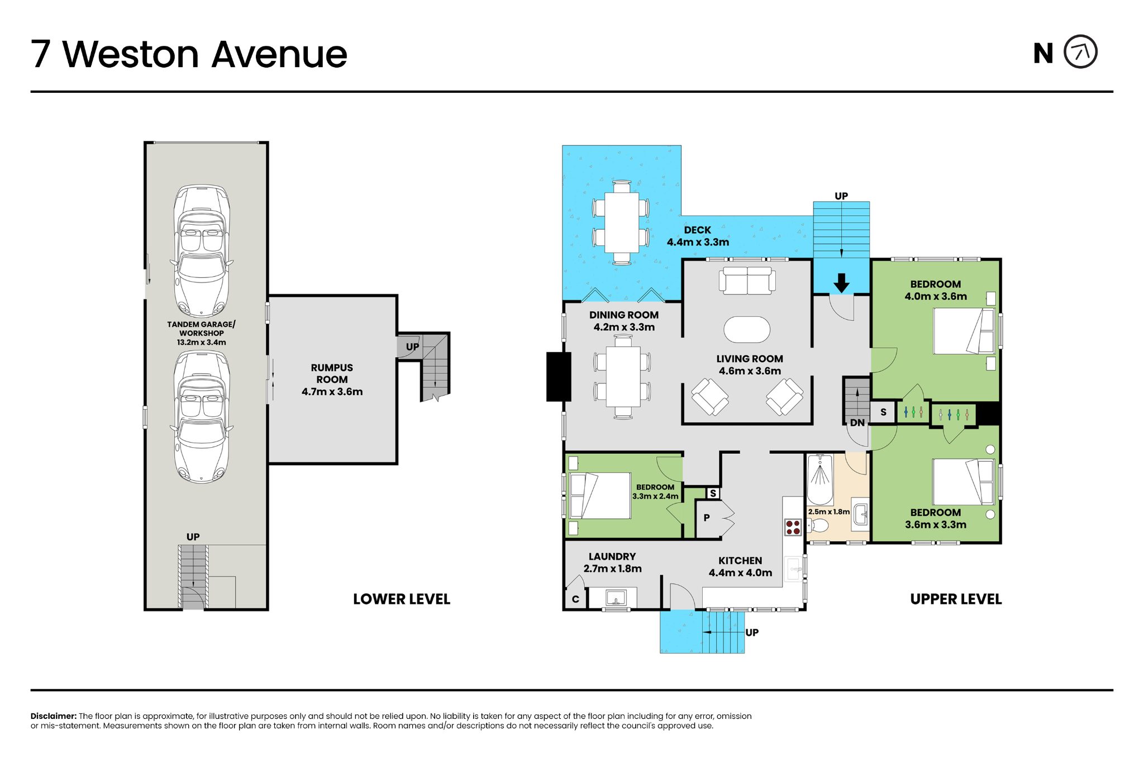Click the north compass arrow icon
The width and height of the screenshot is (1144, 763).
1080,52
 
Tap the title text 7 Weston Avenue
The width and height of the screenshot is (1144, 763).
189,54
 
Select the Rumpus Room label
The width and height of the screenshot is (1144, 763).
332,380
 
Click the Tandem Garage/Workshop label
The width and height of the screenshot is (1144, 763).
201,333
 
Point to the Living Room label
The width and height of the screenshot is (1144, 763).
750,364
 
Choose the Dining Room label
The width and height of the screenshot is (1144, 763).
624,321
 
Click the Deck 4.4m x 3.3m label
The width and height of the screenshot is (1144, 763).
698,236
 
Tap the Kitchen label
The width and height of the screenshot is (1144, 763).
740,566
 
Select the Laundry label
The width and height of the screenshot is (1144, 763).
612,562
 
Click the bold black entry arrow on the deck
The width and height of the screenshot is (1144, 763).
841,283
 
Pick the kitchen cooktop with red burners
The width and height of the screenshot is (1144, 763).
793,527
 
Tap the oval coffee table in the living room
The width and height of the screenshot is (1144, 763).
747,329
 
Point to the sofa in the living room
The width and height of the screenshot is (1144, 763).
747,280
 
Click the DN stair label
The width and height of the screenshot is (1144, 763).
857,423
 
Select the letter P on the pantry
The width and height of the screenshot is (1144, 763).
707,518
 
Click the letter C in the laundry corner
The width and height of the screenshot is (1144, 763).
575,600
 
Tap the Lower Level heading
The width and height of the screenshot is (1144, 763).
402,599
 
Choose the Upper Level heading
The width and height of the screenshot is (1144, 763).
956,599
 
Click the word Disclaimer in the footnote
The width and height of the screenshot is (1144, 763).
54,716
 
